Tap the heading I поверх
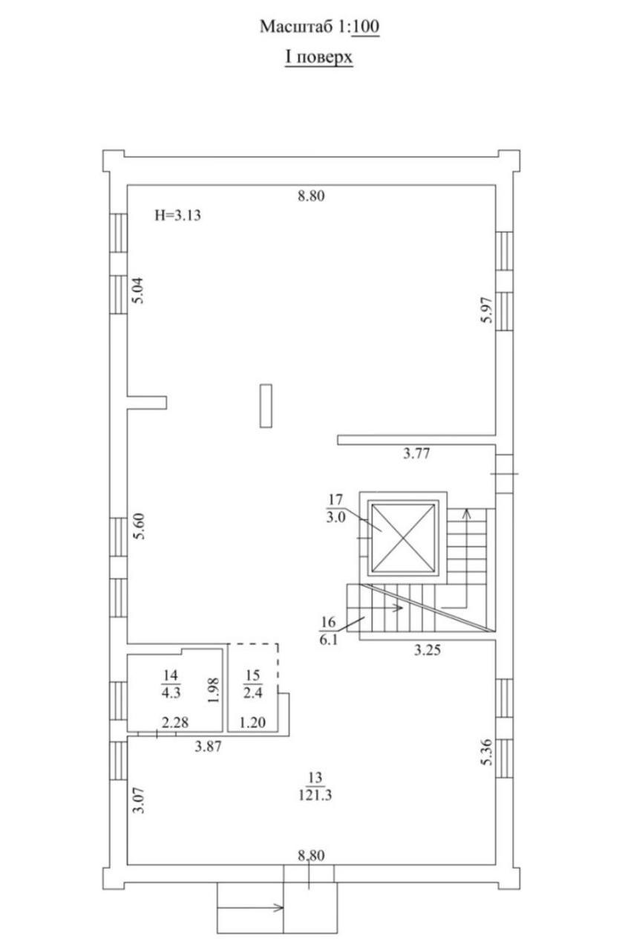pos(318,57)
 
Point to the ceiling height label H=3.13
pos(177,215)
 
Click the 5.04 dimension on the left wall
pos(139,291)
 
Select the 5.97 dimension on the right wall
pos(487,311)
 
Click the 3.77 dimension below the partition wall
pos(416,454)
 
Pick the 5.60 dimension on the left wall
pos(139,527)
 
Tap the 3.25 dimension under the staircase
pos(428,650)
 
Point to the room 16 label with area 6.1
pos(328,631)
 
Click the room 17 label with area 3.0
pos(336,508)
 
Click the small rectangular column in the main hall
pos(266,406)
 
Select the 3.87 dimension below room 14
pos(208,747)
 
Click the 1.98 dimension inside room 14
pos(214,690)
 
